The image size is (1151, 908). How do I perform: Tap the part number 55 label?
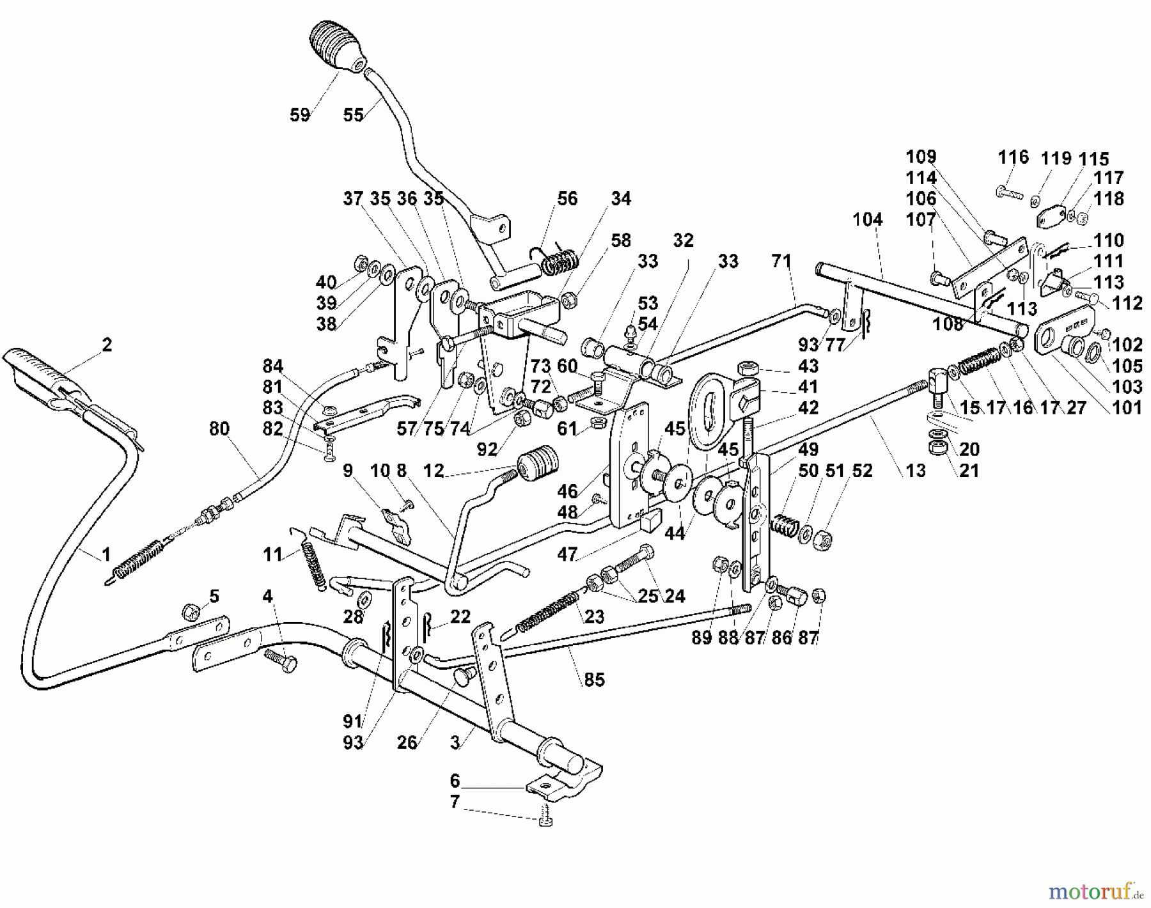point(353,115)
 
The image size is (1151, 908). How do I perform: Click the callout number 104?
point(867,220)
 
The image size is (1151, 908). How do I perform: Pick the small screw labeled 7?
point(545,816)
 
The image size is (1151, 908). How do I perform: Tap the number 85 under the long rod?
point(594,680)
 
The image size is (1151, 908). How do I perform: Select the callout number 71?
point(781,261)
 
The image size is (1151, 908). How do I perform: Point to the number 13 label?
point(916,471)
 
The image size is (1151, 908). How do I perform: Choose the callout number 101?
point(1127,407)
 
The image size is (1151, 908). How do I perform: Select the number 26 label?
point(407,742)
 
